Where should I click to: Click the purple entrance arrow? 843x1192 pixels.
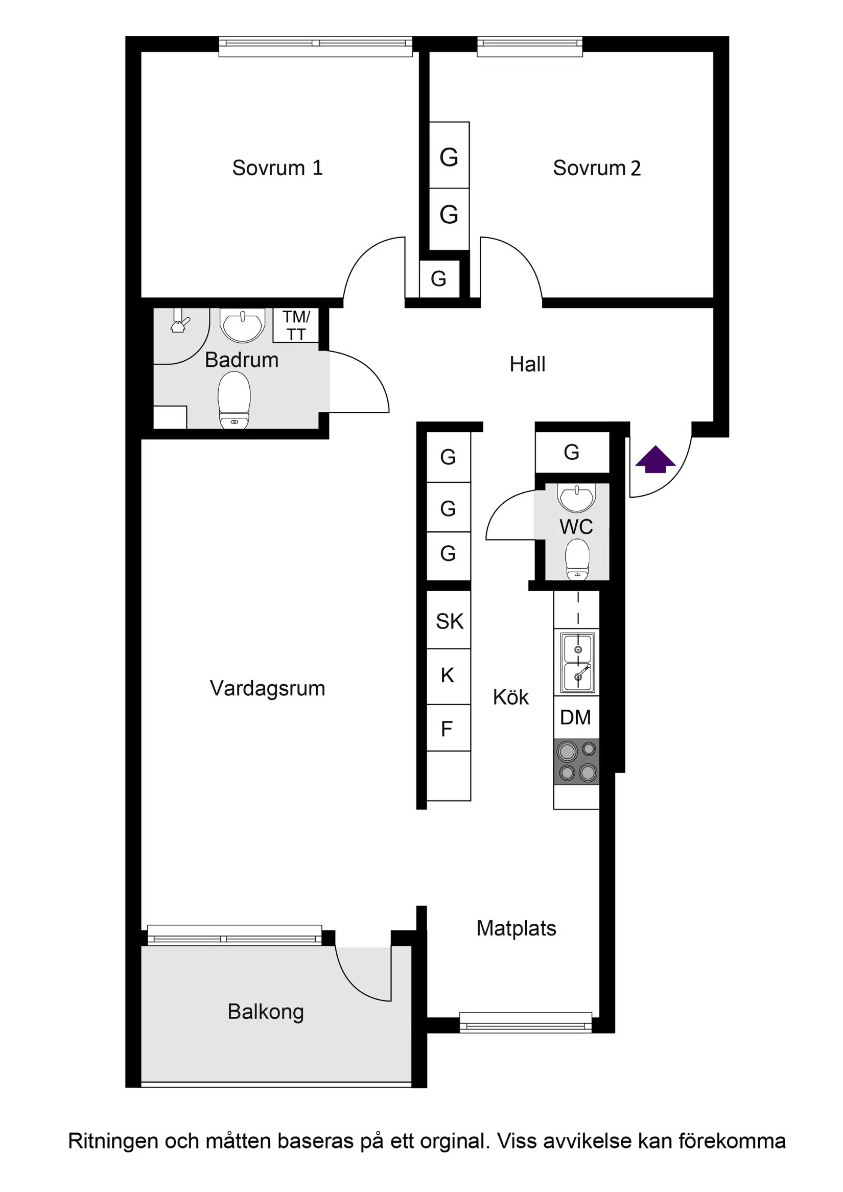pyautogui.click(x=655, y=459)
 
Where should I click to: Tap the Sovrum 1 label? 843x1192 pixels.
pyautogui.click(x=277, y=168)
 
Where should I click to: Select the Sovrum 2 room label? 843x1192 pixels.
pyautogui.click(x=596, y=168)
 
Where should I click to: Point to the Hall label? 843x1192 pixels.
pyautogui.click(x=527, y=364)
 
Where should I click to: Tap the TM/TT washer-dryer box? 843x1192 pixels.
pyautogui.click(x=296, y=325)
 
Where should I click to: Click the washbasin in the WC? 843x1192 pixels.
pyautogui.click(x=576, y=497)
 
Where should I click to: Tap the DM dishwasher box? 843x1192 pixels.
pyautogui.click(x=576, y=717)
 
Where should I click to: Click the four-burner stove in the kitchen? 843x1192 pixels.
pyautogui.click(x=577, y=762)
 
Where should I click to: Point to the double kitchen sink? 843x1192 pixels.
pyautogui.click(x=577, y=663)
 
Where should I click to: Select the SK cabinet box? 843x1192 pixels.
pyautogui.click(x=449, y=621)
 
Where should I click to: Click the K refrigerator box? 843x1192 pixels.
pyautogui.click(x=448, y=675)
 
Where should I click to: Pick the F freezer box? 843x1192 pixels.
pyautogui.click(x=447, y=729)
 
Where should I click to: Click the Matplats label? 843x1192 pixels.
pyautogui.click(x=516, y=928)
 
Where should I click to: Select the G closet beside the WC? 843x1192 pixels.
pyautogui.click(x=572, y=453)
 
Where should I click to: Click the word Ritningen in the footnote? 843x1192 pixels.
pyautogui.click(x=112, y=1141)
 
